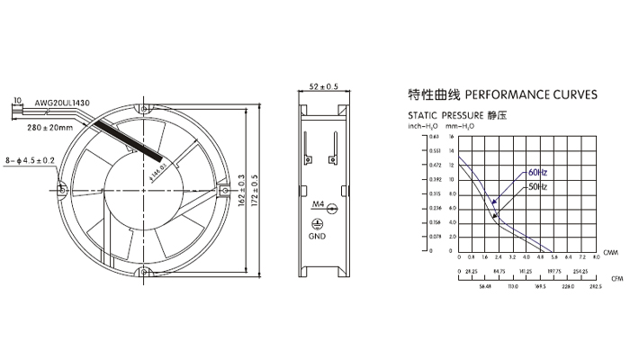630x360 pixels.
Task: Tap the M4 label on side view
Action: pyautogui.click(x=317, y=206)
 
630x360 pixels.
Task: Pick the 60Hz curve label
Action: pyautogui.click(x=537, y=172)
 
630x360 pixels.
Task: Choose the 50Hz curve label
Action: pyautogui.click(x=537, y=186)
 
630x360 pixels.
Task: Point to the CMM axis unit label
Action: pyautogui.click(x=611, y=253)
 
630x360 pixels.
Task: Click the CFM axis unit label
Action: pyautogui.click(x=616, y=279)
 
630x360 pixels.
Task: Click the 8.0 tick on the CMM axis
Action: pyautogui.click(x=595, y=257)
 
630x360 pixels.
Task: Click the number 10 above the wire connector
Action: pyautogui.click(x=17, y=100)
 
